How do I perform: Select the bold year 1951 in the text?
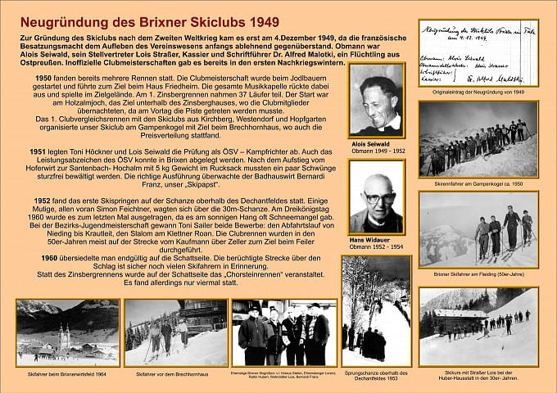[43, 152]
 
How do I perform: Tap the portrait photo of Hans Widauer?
[376, 196]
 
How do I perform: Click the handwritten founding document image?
[478, 53]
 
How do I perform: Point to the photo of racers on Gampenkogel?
[478, 139]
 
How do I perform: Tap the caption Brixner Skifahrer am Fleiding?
[478, 274]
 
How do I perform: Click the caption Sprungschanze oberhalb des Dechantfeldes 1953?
[377, 376]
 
